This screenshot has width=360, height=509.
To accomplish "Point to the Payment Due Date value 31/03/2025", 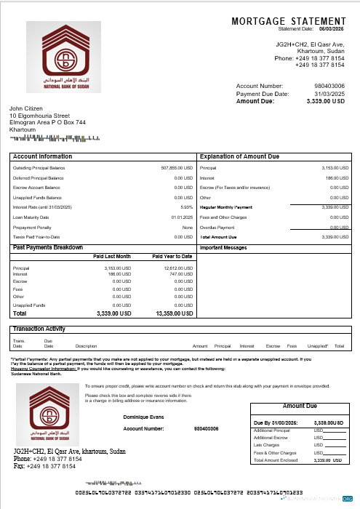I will [329, 94].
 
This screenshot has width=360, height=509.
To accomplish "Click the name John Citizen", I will [26, 108].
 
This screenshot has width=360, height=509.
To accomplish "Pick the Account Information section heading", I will [43, 156].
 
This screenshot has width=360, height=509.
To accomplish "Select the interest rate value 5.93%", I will [187, 207].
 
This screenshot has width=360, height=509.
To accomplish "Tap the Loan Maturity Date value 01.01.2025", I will [183, 217].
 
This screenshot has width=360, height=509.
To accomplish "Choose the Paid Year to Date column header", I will [172, 257].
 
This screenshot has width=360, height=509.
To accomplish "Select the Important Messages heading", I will [223, 248].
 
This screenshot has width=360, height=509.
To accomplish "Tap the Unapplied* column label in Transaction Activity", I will [318, 346].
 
